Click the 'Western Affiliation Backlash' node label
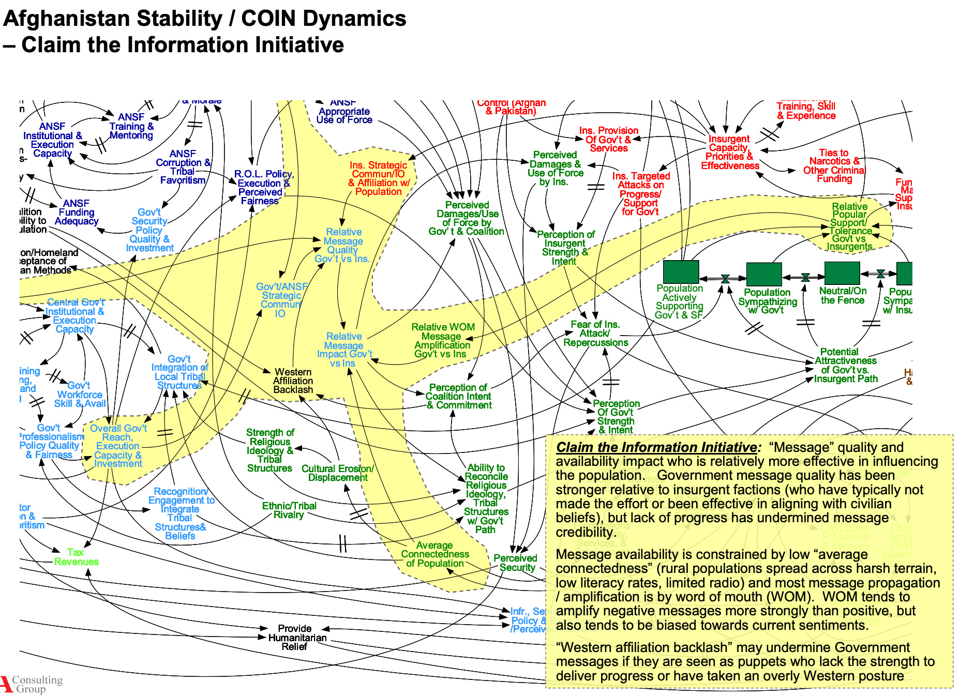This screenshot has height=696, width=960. click(x=293, y=381)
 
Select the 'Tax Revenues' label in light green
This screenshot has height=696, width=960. click(x=76, y=557)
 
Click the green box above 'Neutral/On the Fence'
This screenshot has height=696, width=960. click(x=842, y=273)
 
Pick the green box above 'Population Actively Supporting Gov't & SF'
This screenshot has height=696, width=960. click(x=681, y=271)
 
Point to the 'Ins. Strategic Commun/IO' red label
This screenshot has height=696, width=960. click(x=379, y=178)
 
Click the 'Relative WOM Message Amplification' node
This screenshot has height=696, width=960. click(x=443, y=340)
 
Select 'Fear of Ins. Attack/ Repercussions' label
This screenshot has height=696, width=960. click(x=595, y=334)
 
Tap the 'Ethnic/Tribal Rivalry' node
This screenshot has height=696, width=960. click(x=289, y=510)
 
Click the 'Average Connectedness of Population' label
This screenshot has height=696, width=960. click(x=435, y=554)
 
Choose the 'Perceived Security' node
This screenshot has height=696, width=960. click(x=516, y=563)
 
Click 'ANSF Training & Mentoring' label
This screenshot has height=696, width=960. click(x=131, y=126)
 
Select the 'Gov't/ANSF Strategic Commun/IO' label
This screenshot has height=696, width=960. click(x=281, y=300)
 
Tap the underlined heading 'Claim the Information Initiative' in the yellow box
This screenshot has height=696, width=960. click(x=656, y=447)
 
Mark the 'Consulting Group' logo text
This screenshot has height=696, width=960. click(x=36, y=684)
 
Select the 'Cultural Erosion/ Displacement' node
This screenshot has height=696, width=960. click(x=338, y=473)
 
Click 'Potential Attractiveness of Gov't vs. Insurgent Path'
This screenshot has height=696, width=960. click(x=845, y=366)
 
